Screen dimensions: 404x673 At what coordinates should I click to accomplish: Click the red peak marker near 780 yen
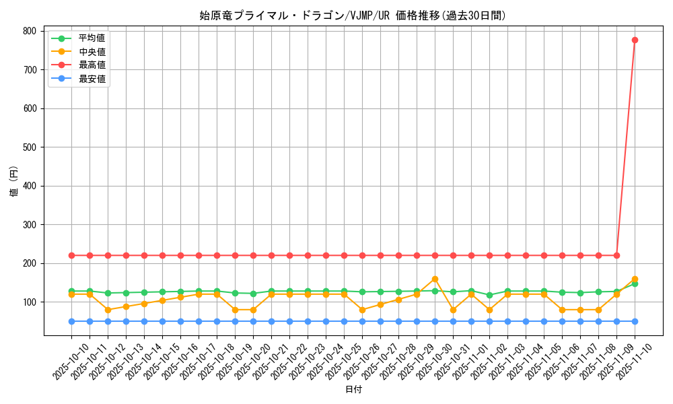pyautogui.click(x=635, y=40)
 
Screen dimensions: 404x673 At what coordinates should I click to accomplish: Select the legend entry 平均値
pyautogui.click(x=92, y=38)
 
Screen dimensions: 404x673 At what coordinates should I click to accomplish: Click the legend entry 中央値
pyautogui.click(x=92, y=52)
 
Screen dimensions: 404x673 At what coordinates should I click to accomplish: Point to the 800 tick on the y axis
pyautogui.click(x=30, y=31)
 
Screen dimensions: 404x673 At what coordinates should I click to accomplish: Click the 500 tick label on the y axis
pyautogui.click(x=30, y=147)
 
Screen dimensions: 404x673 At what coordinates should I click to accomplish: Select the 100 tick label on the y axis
pyautogui.click(x=30, y=302)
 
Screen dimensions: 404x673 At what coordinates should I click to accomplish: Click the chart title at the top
pyautogui.click(x=353, y=15)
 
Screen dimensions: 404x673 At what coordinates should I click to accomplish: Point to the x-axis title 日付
pyautogui.click(x=353, y=390)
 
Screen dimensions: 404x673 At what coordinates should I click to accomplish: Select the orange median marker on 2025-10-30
pyautogui.click(x=435, y=279)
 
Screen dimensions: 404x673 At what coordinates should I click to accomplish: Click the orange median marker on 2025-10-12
pyautogui.click(x=108, y=310)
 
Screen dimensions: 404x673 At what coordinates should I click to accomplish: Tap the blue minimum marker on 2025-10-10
pyautogui.click(x=71, y=321)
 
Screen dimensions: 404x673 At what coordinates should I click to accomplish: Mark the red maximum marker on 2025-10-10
pyautogui.click(x=71, y=255)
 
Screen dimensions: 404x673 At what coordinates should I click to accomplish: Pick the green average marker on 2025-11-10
pyautogui.click(x=635, y=284)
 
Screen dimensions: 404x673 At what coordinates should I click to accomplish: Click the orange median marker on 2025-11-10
pyautogui.click(x=635, y=278)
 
